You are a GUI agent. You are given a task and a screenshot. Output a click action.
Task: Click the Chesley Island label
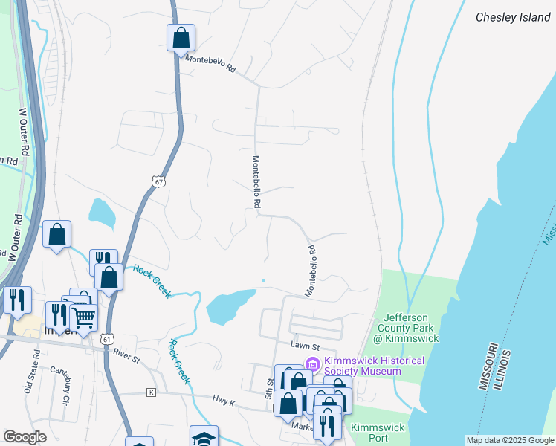513,16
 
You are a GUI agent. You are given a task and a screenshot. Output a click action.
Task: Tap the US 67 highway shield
157,181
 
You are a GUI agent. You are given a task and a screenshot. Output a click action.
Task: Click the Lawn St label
305,346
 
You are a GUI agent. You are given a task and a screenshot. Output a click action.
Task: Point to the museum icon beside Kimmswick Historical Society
312,364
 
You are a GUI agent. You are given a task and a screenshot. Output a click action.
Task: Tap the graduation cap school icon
204,438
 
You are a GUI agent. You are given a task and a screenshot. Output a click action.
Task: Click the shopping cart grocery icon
84,317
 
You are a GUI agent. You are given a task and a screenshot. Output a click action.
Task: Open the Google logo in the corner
25,437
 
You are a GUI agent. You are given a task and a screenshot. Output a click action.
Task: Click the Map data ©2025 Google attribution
510,440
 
